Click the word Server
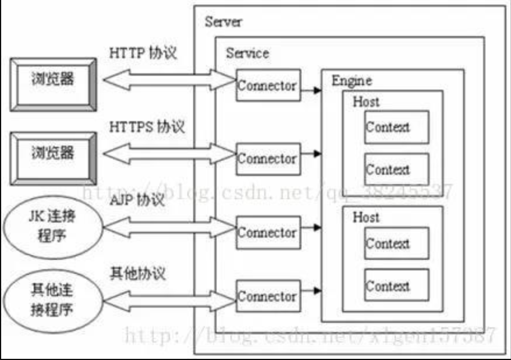pyautogui.click(x=223, y=23)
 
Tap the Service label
pyautogui.click(x=247, y=53)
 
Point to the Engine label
pyautogui.click(x=351, y=80)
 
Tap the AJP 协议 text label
pyautogui.click(x=136, y=202)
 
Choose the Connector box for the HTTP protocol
pyautogui.click(x=267, y=86)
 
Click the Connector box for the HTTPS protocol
pyautogui.click(x=267, y=158)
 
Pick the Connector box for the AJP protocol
pyautogui.click(x=267, y=232)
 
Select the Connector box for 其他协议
pyautogui.click(x=267, y=297)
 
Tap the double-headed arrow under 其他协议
pyautogui.click(x=169, y=297)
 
